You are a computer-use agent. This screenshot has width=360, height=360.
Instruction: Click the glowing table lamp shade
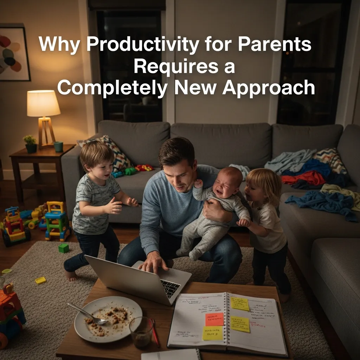pyautogui.click(x=44, y=103)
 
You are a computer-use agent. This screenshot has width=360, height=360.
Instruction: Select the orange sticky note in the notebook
pyautogui.click(x=214, y=319)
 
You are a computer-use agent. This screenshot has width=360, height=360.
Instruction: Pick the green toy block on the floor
pyautogui.click(x=64, y=248)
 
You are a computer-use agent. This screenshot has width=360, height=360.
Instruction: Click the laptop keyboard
pyautogui.click(x=170, y=288)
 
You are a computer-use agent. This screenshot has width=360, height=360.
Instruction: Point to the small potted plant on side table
pyautogui.click(x=30, y=144)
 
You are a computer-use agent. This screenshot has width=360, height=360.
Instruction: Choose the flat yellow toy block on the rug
pyautogui.click(x=41, y=280)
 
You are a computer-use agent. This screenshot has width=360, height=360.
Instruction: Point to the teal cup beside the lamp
pyautogui.click(x=58, y=146)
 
